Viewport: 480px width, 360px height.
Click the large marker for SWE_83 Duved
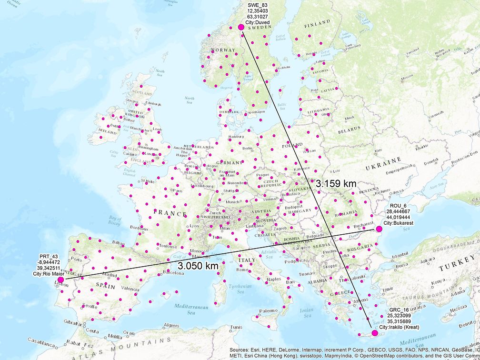(x=241, y=28)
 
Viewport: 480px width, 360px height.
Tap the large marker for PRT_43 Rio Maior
(x=60, y=280)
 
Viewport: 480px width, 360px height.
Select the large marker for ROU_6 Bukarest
(x=379, y=230)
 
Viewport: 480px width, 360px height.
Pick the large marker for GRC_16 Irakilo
(x=374, y=333)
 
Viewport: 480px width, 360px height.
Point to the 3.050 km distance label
(x=198, y=266)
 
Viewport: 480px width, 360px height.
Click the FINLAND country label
(x=317, y=23)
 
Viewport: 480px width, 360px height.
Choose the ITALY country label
(x=247, y=260)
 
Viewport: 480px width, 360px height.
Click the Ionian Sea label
(x=307, y=312)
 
